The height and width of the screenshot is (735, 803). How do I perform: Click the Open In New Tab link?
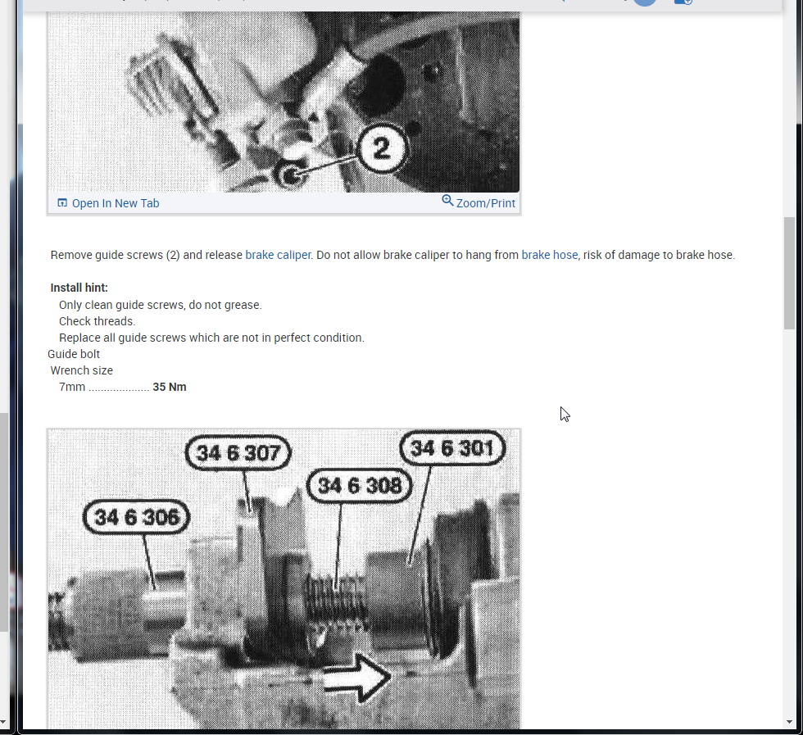coord(115,203)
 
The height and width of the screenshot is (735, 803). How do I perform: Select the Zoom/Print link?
coord(485,203)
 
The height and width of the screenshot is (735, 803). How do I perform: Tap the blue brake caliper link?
coord(278,255)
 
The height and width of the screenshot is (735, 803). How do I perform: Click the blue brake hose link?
coord(549,255)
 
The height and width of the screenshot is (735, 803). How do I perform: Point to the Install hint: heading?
coord(79,288)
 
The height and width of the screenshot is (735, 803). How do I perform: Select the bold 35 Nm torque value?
coord(170,387)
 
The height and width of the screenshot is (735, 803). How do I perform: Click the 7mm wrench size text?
coord(72,387)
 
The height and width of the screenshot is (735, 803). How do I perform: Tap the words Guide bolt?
coord(74,354)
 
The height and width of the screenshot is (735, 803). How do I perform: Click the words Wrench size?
coord(82,370)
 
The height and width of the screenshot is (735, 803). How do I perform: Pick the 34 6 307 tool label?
coord(238,453)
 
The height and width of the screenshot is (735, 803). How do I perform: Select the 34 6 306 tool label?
coord(136,518)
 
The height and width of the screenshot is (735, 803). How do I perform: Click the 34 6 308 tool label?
coord(359,486)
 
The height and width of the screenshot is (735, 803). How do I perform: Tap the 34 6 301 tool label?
coord(452,448)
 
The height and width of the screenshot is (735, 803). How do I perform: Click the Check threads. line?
coord(97,321)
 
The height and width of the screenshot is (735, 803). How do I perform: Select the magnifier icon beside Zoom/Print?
coord(447,201)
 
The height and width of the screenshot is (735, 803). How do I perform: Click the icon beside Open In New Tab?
coord(62,203)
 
